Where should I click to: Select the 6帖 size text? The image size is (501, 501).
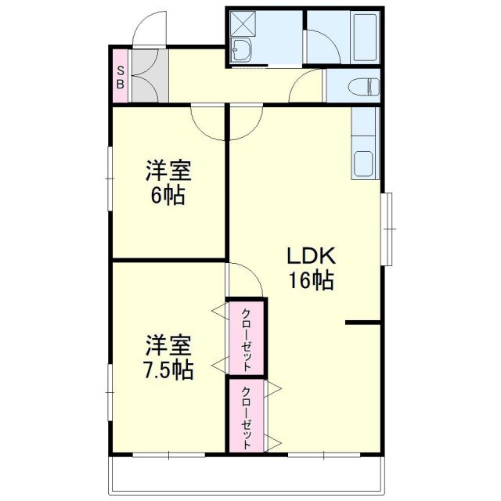168,194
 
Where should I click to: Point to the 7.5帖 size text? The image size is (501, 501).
168,369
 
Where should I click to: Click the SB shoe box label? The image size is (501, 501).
121,76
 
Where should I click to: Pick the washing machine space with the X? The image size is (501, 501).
241,24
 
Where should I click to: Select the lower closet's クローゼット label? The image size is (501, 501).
247,418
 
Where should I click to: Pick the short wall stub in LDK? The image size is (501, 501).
363,323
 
